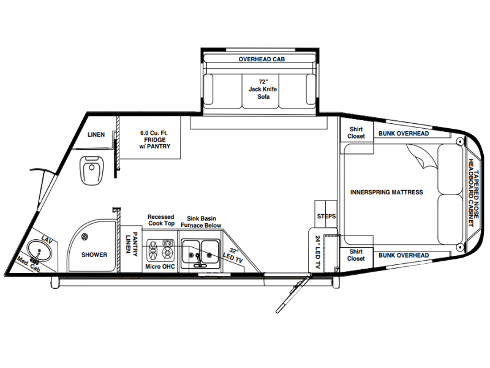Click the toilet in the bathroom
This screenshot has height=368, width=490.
click(x=91, y=171)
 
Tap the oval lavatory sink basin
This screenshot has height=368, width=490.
click(x=39, y=251)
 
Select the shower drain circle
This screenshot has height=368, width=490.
click(x=85, y=237)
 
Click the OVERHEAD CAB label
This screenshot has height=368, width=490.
click(x=262, y=59)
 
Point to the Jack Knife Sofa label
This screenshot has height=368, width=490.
click(x=263, y=89)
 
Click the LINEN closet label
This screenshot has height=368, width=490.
click(x=96, y=134)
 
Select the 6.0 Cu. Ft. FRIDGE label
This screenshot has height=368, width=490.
click(x=155, y=140)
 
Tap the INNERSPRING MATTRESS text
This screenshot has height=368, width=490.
click(x=386, y=192)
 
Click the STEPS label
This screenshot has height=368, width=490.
click(x=326, y=217)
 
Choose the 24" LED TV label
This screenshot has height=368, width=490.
click(x=318, y=252)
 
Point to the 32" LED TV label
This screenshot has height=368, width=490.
click(x=233, y=255)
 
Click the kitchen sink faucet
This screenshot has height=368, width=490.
click(x=198, y=260)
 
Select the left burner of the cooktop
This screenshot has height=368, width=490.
click(x=153, y=251)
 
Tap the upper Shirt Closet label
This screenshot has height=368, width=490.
click(x=356, y=132)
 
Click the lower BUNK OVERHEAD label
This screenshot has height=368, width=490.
click(x=404, y=255)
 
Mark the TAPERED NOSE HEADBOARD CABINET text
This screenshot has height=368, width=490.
click(x=473, y=193)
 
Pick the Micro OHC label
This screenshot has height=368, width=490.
click(x=160, y=267)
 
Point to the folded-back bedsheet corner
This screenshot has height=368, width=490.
click(x=422, y=156)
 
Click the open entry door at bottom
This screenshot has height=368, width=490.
click(x=293, y=294)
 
